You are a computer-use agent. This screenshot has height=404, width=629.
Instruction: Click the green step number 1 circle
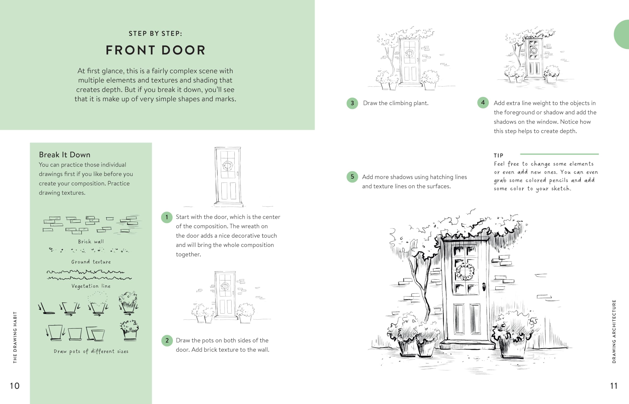point(167,217)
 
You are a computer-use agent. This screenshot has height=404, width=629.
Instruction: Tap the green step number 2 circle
point(167,340)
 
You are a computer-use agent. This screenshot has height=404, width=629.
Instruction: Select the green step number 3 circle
point(352,103)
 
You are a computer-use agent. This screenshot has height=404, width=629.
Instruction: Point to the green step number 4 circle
point(483,103)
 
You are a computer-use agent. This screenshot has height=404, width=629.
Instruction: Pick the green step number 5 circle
point(352,177)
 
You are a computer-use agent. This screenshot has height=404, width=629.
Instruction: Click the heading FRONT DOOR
point(156,50)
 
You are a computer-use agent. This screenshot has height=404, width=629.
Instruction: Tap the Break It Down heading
point(65,155)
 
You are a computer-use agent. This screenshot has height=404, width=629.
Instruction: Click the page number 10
point(15,386)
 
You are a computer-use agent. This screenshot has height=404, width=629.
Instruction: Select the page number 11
point(614,386)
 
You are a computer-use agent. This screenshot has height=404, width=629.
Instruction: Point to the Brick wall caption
point(91,242)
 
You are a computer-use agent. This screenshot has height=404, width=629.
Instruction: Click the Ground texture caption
point(91,262)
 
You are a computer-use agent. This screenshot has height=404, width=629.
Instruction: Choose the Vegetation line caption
point(91,286)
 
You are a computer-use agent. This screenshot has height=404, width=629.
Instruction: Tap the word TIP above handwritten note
point(499,155)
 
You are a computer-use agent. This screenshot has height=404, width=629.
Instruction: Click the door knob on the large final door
point(484,287)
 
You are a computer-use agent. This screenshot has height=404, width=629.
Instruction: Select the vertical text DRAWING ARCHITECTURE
point(614,331)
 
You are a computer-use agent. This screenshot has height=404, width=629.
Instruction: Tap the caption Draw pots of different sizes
point(91,351)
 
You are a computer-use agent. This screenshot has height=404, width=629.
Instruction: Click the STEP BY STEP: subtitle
point(155,34)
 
